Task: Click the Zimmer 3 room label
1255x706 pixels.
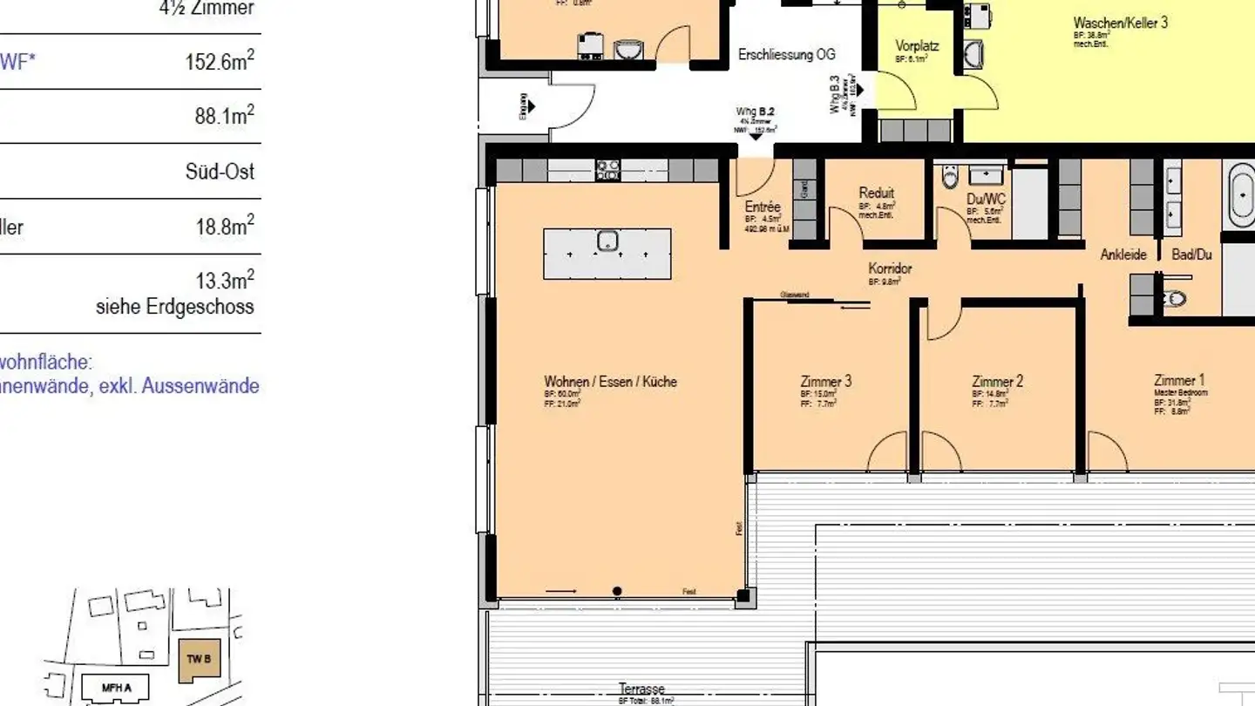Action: (x=825, y=382)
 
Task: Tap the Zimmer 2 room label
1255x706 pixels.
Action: (x=997, y=382)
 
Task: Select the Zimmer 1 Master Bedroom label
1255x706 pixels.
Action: (x=1178, y=381)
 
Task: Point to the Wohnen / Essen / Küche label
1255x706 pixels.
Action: (x=610, y=382)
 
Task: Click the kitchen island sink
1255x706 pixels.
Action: (x=607, y=241)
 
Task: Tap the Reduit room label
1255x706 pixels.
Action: (x=876, y=193)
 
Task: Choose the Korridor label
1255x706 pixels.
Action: (x=890, y=268)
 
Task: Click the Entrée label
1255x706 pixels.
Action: (x=763, y=207)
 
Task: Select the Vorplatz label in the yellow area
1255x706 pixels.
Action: (x=917, y=46)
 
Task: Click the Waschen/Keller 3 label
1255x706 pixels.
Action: (x=1120, y=24)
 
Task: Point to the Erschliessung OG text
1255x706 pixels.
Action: (x=786, y=55)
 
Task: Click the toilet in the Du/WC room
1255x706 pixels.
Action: (x=951, y=179)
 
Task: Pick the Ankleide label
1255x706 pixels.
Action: (x=1123, y=255)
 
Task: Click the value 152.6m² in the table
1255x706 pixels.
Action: (x=220, y=62)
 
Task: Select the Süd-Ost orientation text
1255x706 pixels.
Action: (x=220, y=171)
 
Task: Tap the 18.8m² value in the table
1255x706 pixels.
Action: (x=225, y=227)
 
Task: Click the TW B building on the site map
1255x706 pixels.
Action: (x=199, y=659)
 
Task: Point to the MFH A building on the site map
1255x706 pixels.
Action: (x=115, y=689)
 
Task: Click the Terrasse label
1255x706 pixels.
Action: (x=641, y=689)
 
